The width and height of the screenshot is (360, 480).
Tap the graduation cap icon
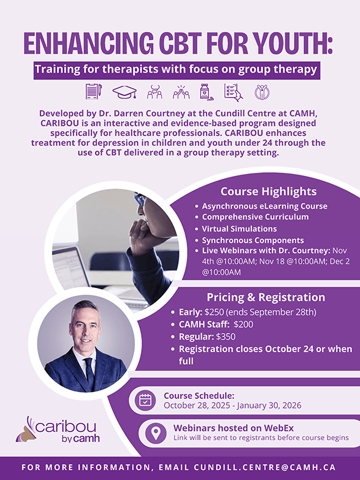click(124, 92)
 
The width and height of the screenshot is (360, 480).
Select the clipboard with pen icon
click(94, 91)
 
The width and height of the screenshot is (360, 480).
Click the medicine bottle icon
click(206, 92)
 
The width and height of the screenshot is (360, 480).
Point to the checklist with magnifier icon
click(233, 92)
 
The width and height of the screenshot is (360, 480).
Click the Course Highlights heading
click(268, 191)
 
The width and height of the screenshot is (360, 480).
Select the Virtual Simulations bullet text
click(239, 229)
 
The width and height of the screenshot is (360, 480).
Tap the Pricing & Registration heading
click(266, 297)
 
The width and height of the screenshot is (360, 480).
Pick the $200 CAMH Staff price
click(244, 324)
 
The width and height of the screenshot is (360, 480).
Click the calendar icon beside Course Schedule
click(145, 400)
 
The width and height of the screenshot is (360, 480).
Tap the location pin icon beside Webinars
click(156, 433)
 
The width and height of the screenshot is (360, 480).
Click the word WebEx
click(278, 428)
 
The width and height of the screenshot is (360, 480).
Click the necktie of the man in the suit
click(89, 371)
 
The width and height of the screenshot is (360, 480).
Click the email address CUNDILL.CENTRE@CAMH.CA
click(265, 467)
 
